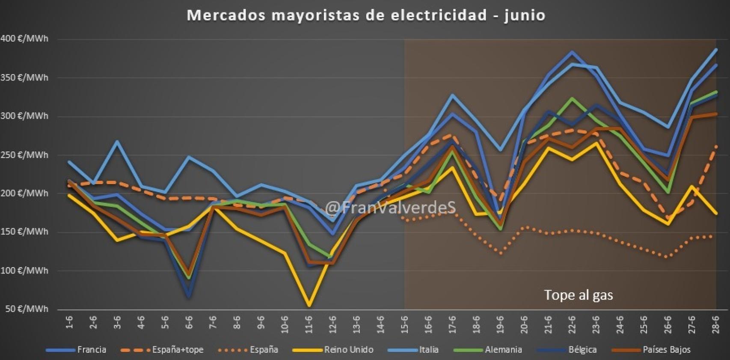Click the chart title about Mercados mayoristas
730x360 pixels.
coord(366,15)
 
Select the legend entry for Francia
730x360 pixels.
coord(91,350)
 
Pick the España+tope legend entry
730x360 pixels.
coord(178,350)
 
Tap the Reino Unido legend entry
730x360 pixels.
coord(348,350)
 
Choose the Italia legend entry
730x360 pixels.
coord(428,350)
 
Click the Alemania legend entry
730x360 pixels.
coord(503,350)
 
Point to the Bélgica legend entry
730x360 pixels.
coord(582,350)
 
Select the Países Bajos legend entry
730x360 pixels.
coord(666,350)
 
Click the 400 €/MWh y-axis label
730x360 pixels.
coord(24,39)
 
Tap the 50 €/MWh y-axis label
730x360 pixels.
coord(27,309)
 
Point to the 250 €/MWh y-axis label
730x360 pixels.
coord(24,155)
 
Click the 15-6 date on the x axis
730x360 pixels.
coord(404,324)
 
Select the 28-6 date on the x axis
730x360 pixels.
coord(715,324)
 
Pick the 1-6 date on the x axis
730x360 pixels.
coord(69,324)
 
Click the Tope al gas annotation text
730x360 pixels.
coord(579,295)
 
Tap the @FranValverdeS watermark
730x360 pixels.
coord(390,208)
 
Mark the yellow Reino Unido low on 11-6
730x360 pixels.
coord(309,305)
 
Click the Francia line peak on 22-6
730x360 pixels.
coord(572,52)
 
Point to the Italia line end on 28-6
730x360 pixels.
coord(716,49)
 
